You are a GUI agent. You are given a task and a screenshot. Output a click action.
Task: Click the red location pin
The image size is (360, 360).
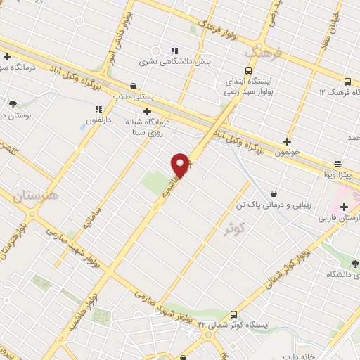[x=181, y=166]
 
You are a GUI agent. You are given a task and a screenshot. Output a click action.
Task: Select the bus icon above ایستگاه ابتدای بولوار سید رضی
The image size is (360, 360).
[x=248, y=70]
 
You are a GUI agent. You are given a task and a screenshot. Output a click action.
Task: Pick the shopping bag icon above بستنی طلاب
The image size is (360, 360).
[x=134, y=86]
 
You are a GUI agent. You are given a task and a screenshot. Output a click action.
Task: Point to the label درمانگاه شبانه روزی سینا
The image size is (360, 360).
[x=147, y=126]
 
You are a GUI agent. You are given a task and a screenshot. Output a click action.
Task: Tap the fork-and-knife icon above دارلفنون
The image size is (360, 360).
[x=98, y=109]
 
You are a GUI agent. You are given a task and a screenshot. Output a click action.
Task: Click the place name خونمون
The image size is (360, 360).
[x=288, y=151]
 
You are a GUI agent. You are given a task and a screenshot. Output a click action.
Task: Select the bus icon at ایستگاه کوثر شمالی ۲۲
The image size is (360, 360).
[x=233, y=314]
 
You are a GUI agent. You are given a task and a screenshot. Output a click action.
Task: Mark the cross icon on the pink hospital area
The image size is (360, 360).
[x=344, y=207]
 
